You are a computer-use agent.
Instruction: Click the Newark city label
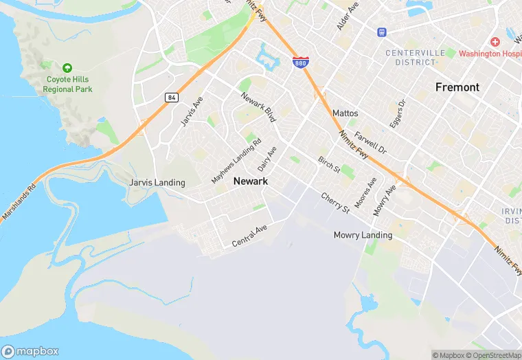pos(250,181)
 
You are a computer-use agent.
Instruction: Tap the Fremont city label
pos(457,87)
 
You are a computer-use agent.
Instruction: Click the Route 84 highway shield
pos(171,98)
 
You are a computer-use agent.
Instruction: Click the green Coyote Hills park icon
pos(67,67)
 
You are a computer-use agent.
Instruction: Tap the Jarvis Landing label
pos(157,183)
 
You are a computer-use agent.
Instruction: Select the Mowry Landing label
pos(363,235)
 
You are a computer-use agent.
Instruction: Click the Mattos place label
pos(345,113)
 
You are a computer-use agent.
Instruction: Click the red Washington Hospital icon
pos(495,42)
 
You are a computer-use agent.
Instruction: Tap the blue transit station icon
pos(381,32)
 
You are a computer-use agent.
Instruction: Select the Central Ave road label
pos(249,236)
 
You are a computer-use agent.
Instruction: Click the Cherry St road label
pos(335,202)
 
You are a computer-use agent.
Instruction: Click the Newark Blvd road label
pos(258,108)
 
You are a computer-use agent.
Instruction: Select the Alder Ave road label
pos(348,16)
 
